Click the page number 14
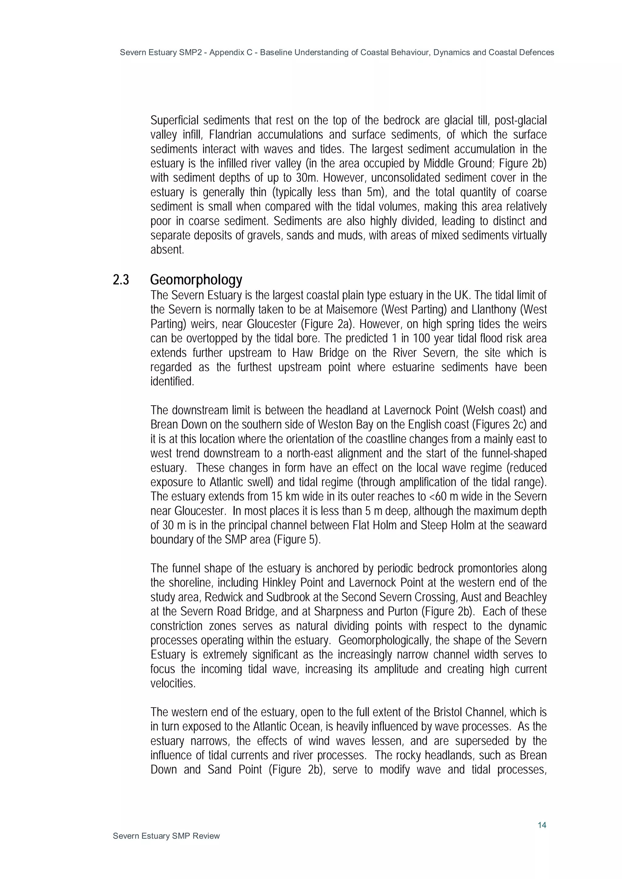coord(542,825)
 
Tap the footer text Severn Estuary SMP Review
coord(166,836)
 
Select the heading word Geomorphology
coord(196,280)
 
